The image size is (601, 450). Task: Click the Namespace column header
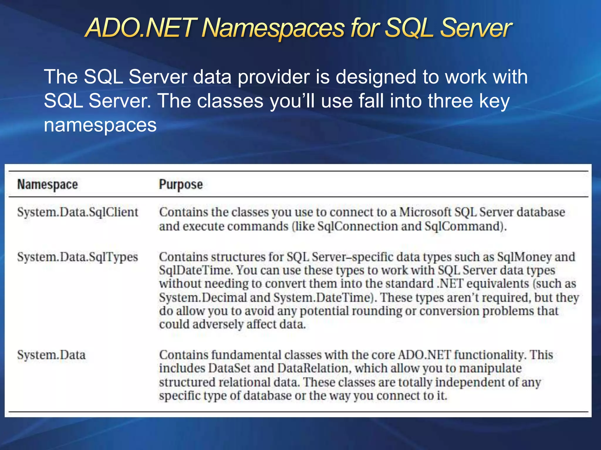[x=48, y=185]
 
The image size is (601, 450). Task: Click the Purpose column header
[x=181, y=185]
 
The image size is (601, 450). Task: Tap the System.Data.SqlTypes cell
[x=77, y=257]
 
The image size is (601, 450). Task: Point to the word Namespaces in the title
[x=273, y=28]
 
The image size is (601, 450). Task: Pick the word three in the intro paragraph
[x=451, y=101]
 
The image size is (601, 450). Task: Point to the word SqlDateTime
[x=196, y=270]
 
